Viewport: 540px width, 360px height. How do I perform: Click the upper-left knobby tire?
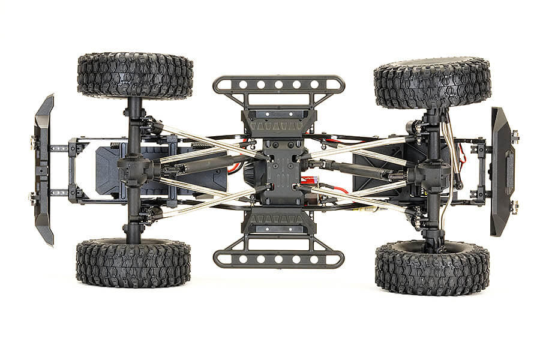[x=135, y=76]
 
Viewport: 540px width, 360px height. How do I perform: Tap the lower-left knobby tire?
[x=133, y=263]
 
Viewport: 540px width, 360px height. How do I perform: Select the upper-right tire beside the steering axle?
[x=432, y=82]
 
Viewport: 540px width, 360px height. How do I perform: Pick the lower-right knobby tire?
[x=432, y=268]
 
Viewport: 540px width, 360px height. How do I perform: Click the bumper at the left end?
[x=44, y=169]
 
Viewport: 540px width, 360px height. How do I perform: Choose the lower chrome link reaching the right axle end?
[x=366, y=201]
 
